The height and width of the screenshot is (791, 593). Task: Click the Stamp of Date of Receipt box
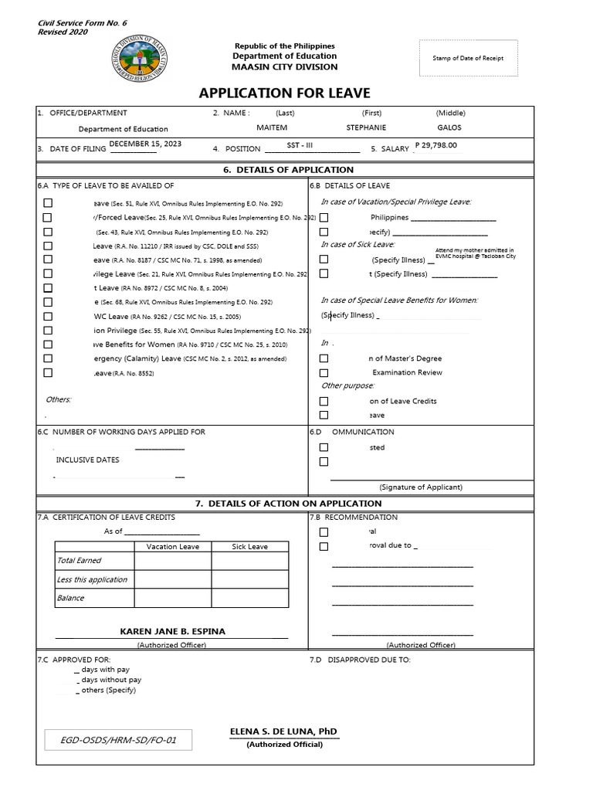468,59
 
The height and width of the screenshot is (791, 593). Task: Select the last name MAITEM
272,128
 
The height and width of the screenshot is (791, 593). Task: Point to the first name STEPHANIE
367,128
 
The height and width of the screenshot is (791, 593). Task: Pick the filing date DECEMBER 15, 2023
146,144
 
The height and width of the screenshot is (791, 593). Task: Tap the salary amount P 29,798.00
435,144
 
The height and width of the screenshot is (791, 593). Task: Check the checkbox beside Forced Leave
48,217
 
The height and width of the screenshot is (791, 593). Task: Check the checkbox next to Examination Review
324,372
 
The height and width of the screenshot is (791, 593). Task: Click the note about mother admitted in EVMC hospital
474,253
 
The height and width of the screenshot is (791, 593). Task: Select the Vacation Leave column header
173,547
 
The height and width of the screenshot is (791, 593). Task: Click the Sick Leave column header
250,547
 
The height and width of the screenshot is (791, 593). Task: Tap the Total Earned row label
79,561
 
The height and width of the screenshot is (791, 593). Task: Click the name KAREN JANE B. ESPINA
173,632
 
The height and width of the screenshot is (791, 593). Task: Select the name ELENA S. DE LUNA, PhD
283,732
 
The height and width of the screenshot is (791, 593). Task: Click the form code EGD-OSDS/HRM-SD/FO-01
119,741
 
